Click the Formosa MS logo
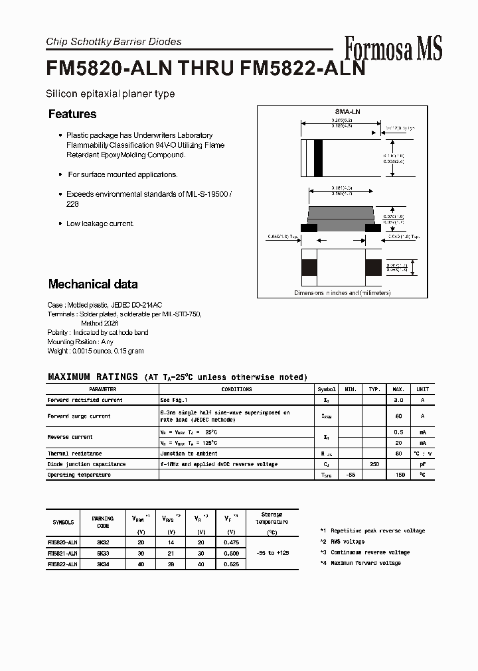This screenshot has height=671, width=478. click(x=393, y=48)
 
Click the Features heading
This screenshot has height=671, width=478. click(x=72, y=114)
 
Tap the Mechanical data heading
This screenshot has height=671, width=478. click(x=93, y=284)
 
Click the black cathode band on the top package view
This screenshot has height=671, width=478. click(x=318, y=158)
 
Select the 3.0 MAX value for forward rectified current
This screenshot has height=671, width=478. click(x=399, y=400)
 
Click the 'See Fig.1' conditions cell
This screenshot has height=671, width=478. click(x=174, y=400)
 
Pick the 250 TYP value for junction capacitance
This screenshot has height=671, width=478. click(x=374, y=464)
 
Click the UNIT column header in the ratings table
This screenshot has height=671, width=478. click(x=422, y=389)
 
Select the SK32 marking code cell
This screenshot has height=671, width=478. click(x=103, y=542)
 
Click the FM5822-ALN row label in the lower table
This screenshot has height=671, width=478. click(x=62, y=564)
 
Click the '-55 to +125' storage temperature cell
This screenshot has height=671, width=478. click(x=272, y=553)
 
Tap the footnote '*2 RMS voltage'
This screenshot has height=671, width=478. click(x=342, y=542)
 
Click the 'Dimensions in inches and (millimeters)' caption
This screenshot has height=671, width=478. click(x=343, y=292)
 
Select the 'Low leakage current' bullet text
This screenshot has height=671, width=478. click(x=100, y=223)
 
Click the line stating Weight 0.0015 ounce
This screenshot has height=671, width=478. click(x=96, y=351)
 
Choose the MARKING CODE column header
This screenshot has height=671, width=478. click(x=103, y=522)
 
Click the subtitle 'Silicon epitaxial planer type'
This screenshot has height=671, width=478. click(x=110, y=93)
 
